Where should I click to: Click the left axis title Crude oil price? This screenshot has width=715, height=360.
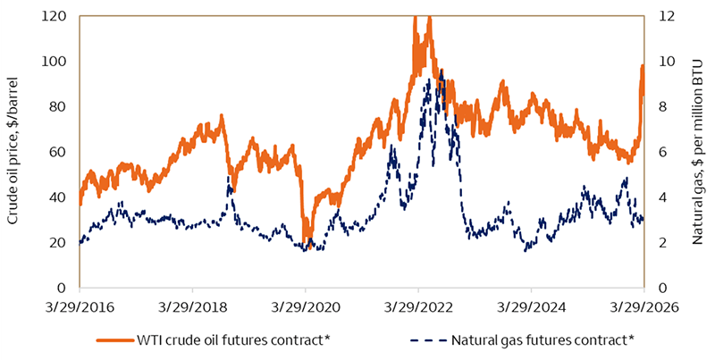13,152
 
